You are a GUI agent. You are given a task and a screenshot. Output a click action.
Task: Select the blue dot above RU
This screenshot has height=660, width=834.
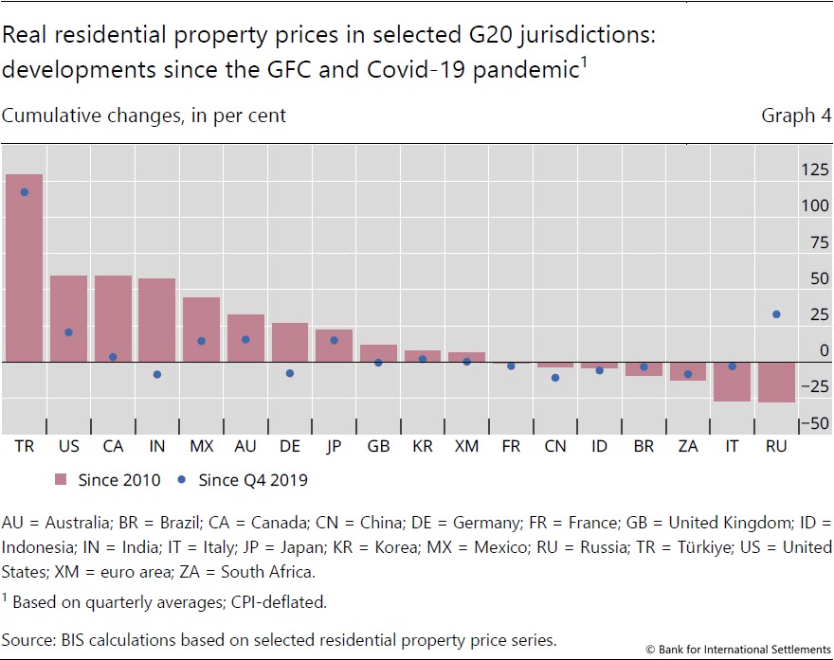pyautogui.click(x=776, y=314)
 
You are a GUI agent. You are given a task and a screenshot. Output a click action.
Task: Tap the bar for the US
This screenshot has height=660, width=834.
pyautogui.click(x=68, y=318)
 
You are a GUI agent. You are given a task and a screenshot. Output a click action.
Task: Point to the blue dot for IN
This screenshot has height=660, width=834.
pyautogui.click(x=157, y=375)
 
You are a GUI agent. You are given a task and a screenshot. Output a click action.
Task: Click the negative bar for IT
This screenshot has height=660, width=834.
pyautogui.click(x=732, y=381)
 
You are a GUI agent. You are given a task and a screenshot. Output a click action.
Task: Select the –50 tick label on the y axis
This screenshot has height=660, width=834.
pyautogui.click(x=813, y=424)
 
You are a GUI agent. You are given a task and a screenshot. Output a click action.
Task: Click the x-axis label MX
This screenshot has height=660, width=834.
pyautogui.click(x=201, y=446)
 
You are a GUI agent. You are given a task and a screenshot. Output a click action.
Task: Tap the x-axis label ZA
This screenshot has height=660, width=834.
pyautogui.click(x=688, y=446)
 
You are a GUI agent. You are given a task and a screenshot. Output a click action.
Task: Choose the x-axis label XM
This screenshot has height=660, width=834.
pyautogui.click(x=466, y=446)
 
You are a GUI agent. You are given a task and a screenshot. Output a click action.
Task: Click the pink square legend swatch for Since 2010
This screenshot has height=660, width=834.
pyautogui.click(x=62, y=480)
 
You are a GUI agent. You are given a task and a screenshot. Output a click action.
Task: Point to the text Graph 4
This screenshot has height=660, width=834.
pyautogui.click(x=789, y=116)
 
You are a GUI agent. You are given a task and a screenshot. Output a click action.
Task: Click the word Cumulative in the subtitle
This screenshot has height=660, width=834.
pyautogui.click(x=45, y=116)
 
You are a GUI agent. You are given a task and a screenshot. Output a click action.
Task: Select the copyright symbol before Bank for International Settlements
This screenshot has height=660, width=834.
pyautogui.click(x=651, y=649)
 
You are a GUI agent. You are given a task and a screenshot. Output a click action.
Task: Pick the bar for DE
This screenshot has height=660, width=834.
pyautogui.click(x=290, y=343)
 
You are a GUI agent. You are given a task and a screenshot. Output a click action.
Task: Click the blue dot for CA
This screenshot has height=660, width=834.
pyautogui.click(x=113, y=357)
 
